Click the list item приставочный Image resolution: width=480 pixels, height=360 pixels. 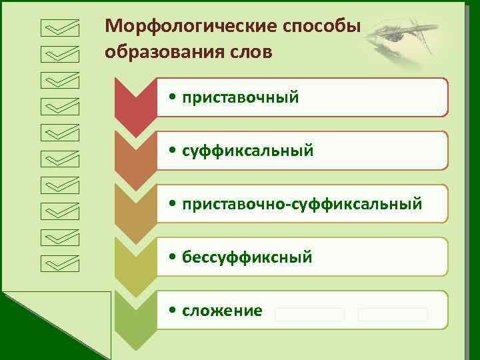click(239, 98)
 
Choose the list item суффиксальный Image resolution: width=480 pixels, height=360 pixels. click(247, 151)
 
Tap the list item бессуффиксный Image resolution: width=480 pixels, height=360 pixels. click(246, 257)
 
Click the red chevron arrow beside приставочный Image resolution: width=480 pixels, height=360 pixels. click(135, 103)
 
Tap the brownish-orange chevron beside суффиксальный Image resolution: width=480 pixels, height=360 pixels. click(135, 157)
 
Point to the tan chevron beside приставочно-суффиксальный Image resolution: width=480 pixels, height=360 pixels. click(135, 210)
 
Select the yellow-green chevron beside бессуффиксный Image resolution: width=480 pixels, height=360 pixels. click(135, 263)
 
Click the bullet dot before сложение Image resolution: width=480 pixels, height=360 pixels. click(173, 311)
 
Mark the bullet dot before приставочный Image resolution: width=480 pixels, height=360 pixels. click(173, 98)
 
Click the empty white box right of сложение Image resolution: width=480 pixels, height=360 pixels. click(309, 314)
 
